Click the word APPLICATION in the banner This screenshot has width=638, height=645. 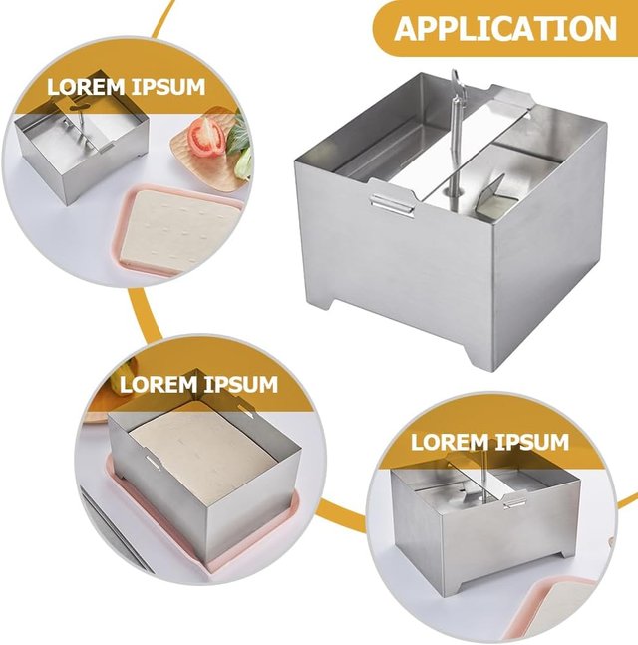pos(505,28)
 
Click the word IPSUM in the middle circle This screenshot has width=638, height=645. pos(241,385)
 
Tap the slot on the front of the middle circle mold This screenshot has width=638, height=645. pos(153,462)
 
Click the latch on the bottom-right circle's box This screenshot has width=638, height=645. pos(514,501)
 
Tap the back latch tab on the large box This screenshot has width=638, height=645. pos(511,100)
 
